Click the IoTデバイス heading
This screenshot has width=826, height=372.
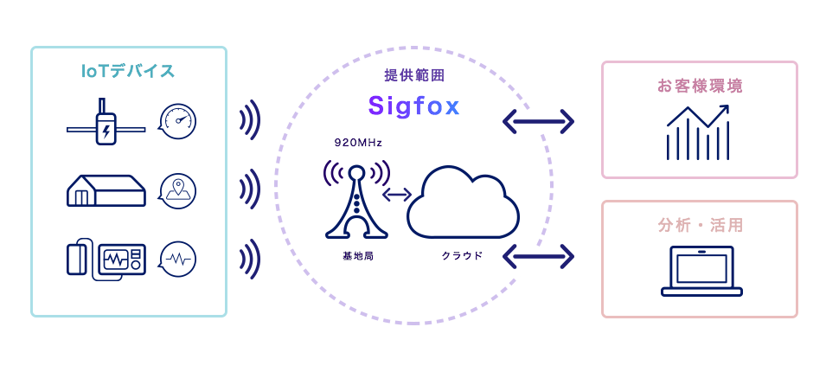pyautogui.click(x=128, y=72)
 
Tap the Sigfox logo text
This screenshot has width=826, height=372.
pyautogui.click(x=413, y=106)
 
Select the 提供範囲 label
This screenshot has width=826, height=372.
pyautogui.click(x=414, y=75)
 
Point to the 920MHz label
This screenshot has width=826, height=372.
pyautogui.click(x=358, y=142)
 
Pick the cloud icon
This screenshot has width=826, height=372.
pyautogui.click(x=463, y=203)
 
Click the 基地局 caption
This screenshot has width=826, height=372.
pyautogui.click(x=357, y=256)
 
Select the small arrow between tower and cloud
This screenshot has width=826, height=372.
pyautogui.click(x=397, y=195)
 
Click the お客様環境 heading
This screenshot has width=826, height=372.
pyautogui.click(x=700, y=87)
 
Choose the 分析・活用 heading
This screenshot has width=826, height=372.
pyautogui.click(x=700, y=226)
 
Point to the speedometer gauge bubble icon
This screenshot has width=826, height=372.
pyautogui.click(x=177, y=121)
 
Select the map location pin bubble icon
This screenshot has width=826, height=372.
pyautogui.click(x=177, y=190)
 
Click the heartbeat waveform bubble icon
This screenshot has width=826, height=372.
pyautogui.click(x=177, y=259)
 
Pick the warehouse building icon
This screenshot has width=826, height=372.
pyautogui.click(x=106, y=190)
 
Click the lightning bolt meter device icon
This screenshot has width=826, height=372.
pyautogui.click(x=106, y=123)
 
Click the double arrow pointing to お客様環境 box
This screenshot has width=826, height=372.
pyautogui.click(x=538, y=121)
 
